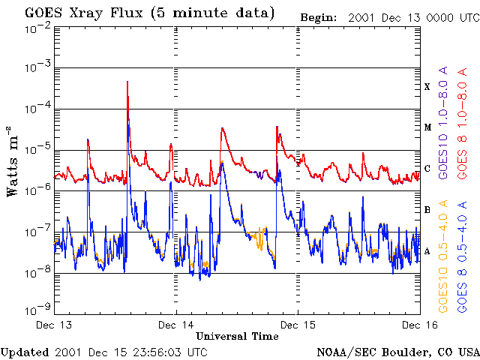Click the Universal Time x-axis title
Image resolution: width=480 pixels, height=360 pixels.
pyautogui.click(x=238, y=337)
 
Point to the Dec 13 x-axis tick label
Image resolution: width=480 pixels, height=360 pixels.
pyautogui.click(x=54, y=325)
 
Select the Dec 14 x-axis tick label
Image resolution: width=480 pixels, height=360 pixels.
pyautogui.click(x=176, y=325)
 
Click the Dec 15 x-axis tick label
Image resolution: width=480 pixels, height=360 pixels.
pyautogui.click(x=298, y=325)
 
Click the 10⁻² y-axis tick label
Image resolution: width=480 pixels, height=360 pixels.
pyautogui.click(x=37, y=28)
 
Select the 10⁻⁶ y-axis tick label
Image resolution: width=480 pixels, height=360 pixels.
pyautogui.click(x=37, y=190)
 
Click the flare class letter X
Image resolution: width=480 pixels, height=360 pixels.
pyautogui.click(x=427, y=87)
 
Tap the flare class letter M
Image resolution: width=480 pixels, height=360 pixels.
pyautogui.click(x=427, y=127)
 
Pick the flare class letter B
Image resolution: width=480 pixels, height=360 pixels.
pyautogui.click(x=427, y=210)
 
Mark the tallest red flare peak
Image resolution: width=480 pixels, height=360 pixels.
pyautogui.click(x=127, y=82)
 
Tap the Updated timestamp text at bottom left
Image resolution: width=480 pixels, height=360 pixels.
pyautogui.click(x=104, y=352)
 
